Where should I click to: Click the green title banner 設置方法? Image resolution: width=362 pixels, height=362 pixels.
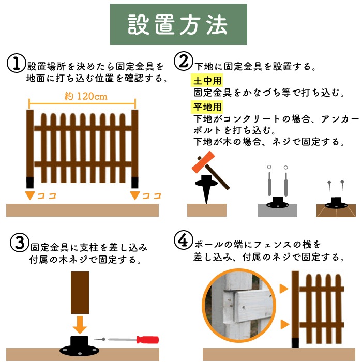tap(177, 25)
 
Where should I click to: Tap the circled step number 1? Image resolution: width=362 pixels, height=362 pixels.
tap(16, 64)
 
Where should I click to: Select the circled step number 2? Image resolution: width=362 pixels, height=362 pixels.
tap(184, 62)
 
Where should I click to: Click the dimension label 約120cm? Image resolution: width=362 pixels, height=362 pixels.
tap(82, 96)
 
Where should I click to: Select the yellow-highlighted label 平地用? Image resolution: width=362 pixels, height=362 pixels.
tap(206, 108)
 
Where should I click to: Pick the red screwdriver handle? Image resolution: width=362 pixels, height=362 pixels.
tap(147, 339)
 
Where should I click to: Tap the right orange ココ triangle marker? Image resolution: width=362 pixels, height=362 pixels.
tap(135, 195)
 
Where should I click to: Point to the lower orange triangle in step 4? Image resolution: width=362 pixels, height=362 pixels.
tap(283, 325)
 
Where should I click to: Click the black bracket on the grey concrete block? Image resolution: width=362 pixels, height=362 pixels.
tap(277, 203)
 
